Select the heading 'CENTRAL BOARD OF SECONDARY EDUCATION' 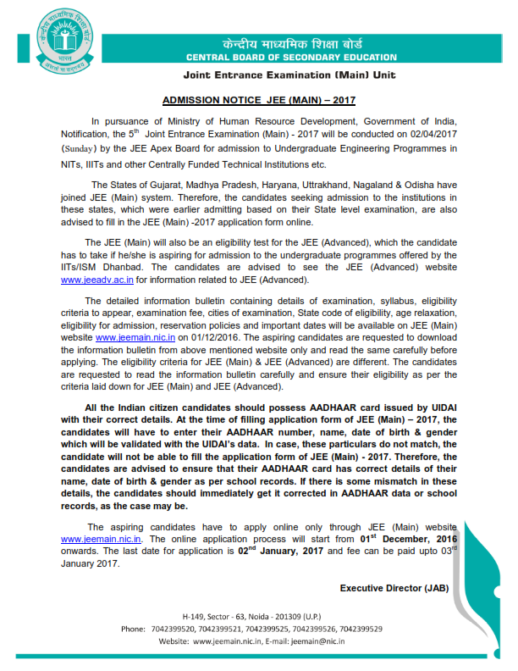(x=291, y=58)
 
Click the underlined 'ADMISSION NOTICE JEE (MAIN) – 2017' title (x=257, y=99)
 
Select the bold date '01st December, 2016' (x=409, y=537)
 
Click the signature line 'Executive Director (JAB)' (x=394, y=588)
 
